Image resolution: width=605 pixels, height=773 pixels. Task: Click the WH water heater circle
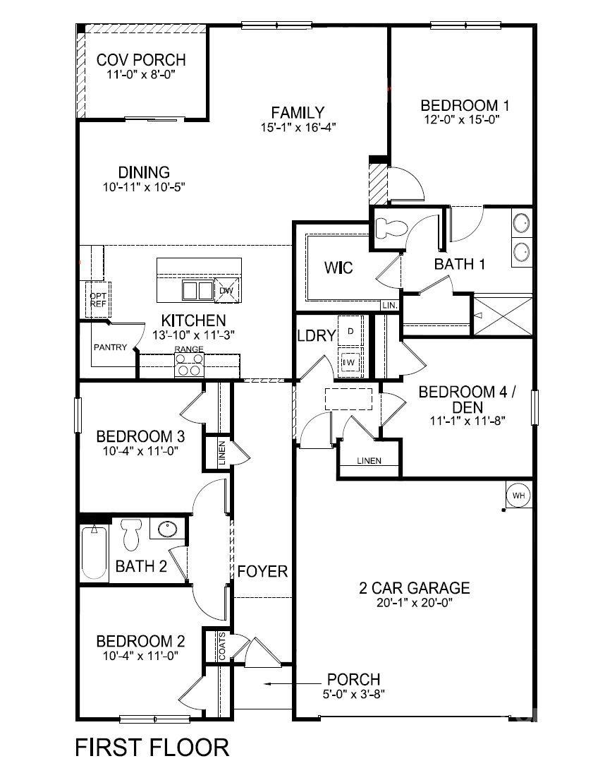[519, 496]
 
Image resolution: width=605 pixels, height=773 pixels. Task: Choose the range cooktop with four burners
[189, 364]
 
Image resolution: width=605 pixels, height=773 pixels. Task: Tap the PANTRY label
[110, 347]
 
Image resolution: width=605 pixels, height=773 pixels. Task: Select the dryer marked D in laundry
[350, 330]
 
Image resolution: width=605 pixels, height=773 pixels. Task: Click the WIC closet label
[338, 268]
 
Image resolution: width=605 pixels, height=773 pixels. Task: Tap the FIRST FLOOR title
[152, 747]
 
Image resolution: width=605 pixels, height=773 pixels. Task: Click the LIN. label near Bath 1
[389, 306]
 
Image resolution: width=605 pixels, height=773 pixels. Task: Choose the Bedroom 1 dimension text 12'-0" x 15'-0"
[465, 120]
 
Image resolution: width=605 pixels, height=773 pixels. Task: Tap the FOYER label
[262, 571]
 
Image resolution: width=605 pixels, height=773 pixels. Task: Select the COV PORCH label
[141, 60]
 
